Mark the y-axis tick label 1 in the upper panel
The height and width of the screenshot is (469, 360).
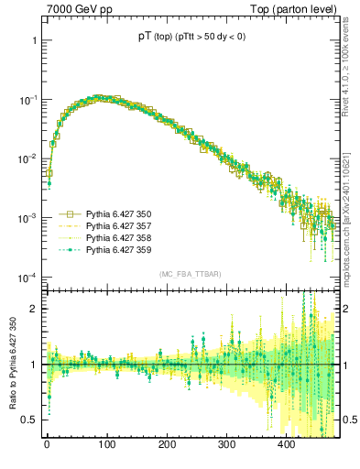33,41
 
